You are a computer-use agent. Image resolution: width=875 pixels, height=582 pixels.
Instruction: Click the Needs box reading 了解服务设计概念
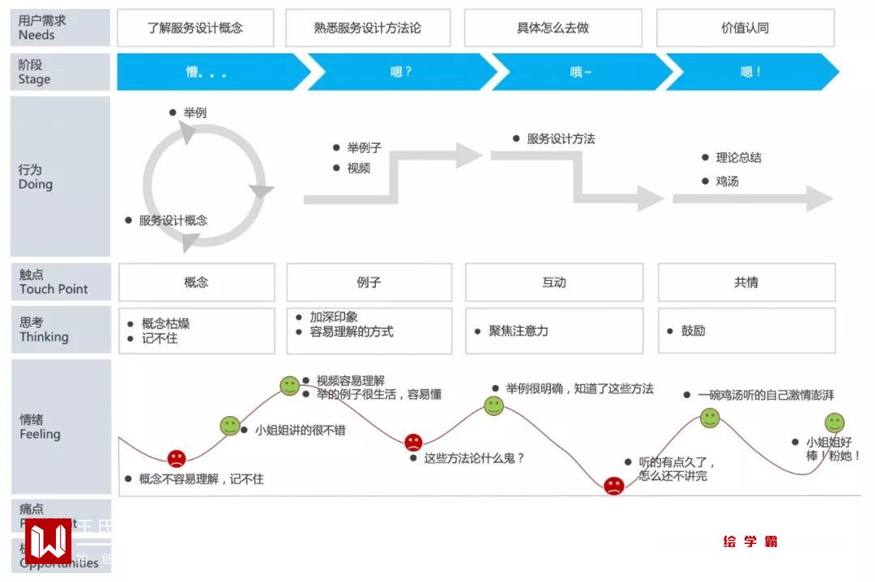point(195,28)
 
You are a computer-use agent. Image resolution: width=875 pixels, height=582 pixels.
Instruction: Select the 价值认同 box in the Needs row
point(745,28)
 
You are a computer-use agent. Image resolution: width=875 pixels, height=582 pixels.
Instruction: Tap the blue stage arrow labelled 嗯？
point(401,72)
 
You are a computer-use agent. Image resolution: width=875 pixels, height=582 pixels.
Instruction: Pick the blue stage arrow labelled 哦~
point(581,72)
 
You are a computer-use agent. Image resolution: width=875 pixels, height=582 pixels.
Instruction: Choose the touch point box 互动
point(554,283)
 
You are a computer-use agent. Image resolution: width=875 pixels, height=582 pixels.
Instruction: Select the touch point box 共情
point(746,283)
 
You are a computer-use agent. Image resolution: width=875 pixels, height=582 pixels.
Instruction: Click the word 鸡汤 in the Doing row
point(727,181)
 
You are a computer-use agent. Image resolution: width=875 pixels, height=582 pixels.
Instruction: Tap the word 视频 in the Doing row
point(358,168)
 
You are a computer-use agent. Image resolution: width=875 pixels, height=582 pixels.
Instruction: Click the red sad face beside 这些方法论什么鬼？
point(413,442)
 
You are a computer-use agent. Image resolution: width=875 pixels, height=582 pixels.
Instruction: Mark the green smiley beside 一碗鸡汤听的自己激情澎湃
point(710,418)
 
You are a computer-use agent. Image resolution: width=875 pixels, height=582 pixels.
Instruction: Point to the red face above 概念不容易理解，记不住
point(177,458)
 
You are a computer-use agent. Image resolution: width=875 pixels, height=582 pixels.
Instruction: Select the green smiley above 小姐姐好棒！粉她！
point(834,423)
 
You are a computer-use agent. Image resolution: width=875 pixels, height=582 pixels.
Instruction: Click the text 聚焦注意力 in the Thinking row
point(519,331)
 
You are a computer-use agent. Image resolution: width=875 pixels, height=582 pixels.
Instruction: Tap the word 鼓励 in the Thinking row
point(693,331)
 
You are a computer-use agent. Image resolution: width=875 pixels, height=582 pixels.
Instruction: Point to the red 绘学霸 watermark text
point(750,542)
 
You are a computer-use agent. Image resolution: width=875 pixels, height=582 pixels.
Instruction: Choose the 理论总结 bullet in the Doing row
point(738,158)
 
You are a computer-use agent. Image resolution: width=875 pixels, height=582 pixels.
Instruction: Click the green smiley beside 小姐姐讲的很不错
point(230,426)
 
